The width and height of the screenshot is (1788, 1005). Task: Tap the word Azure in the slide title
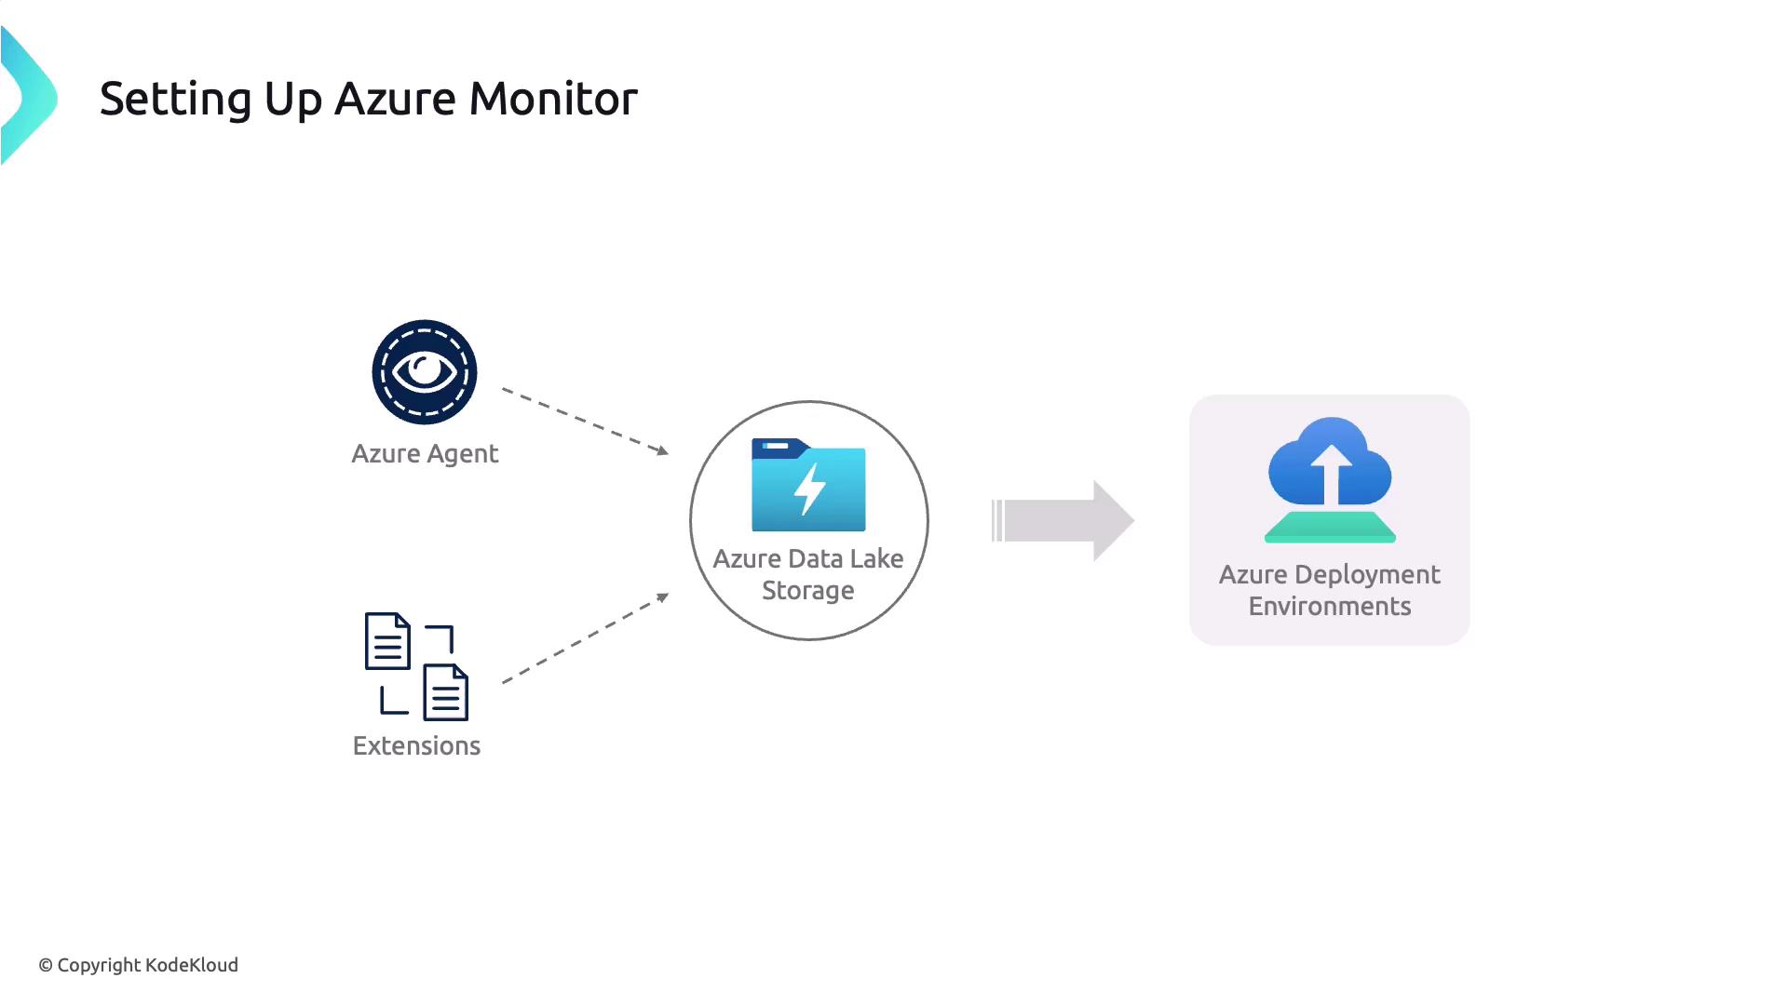pos(395,99)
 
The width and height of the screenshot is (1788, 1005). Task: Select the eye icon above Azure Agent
pos(425,372)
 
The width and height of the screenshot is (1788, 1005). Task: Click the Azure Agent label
pos(425,454)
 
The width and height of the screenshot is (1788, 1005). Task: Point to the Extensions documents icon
pos(416,666)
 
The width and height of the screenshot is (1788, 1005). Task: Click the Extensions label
pos(416,746)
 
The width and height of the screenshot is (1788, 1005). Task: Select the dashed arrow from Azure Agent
pos(585,421)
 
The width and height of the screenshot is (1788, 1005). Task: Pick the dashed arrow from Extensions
pos(585,639)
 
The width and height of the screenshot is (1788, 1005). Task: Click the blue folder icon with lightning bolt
pos(808,485)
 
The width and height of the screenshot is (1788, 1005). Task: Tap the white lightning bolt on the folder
pos(810,489)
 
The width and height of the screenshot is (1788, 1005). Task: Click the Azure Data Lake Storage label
pos(808,574)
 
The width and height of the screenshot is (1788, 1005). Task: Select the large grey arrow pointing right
pos(1063,520)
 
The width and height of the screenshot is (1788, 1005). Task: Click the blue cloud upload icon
pos(1330,462)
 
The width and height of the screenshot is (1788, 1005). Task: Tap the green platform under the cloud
pos(1330,527)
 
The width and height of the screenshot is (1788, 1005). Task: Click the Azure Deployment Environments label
pos(1330,590)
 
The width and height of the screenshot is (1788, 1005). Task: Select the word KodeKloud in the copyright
pos(192,965)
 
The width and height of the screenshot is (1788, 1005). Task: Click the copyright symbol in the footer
pos(46,966)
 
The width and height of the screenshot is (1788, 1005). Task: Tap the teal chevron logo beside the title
pos(28,97)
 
